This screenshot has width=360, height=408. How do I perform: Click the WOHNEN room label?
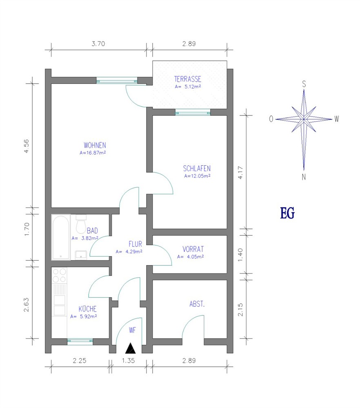click(x=95, y=145)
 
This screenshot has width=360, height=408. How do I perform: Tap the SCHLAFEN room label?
click(x=197, y=169)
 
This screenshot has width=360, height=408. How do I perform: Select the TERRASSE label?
click(x=188, y=79)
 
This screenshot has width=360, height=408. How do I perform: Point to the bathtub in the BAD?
click(x=61, y=237)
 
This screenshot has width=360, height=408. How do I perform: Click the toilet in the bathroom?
click(x=81, y=224)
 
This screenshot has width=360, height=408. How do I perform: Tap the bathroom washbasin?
click(x=81, y=255)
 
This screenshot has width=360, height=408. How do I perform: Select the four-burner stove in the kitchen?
click(x=59, y=275)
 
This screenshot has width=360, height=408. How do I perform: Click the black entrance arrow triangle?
click(x=131, y=348)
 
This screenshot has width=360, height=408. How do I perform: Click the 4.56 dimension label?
click(x=26, y=146)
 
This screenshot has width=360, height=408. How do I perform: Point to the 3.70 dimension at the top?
click(x=98, y=44)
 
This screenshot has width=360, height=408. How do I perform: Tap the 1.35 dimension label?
click(x=128, y=361)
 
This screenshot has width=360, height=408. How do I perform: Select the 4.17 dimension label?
click(x=240, y=172)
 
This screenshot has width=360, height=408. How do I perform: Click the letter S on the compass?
click(x=304, y=84)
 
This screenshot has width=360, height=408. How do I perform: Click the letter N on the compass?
click(x=304, y=177)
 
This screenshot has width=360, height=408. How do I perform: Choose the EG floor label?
click(x=287, y=213)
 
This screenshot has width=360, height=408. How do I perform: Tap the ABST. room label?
click(x=197, y=304)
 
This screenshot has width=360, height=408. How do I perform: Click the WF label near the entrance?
click(x=132, y=330)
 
